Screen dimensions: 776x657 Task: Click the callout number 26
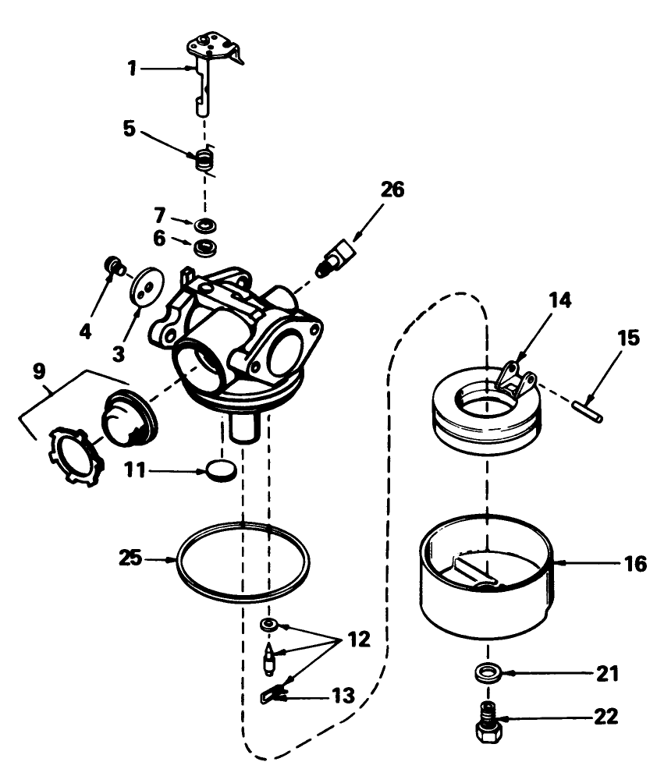coord(392,190)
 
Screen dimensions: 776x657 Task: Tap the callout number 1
coord(133,69)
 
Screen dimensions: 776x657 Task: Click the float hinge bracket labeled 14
coord(515,378)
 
